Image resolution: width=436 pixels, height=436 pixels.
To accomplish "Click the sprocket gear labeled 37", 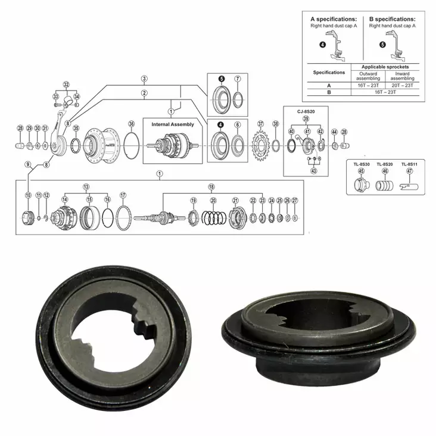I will pyautogui.click(x=260, y=145).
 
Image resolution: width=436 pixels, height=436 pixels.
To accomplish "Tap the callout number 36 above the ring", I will pyautogui.click(x=131, y=124).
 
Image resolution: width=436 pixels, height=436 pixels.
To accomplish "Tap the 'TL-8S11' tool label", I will pyautogui.click(x=409, y=164).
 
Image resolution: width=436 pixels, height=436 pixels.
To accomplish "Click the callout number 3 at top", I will pyautogui.click(x=144, y=79).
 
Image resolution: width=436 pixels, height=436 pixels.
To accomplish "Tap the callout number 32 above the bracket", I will pyautogui.click(x=66, y=85).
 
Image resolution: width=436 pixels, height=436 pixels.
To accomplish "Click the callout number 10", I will pyautogui.click(x=27, y=195).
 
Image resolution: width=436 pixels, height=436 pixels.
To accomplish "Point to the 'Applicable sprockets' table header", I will pyautogui.click(x=385, y=67).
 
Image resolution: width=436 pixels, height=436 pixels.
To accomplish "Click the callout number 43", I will pyautogui.click(x=314, y=171).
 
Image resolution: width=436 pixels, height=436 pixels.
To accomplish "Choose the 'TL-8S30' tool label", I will pyautogui.click(x=361, y=164).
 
